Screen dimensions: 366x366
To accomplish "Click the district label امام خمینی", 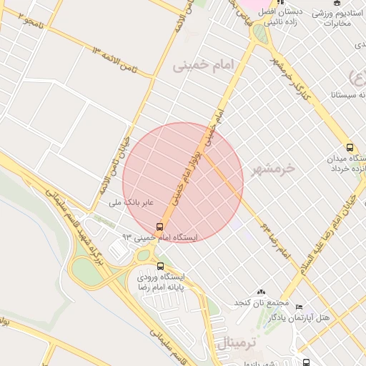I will (x=203, y=65).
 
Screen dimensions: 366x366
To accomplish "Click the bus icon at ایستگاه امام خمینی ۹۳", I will (x=159, y=227).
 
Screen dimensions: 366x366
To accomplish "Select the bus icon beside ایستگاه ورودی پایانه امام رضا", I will (x=159, y=266).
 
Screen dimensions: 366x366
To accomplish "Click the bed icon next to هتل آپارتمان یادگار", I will (x=299, y=307).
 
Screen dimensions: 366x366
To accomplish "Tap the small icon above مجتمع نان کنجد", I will (x=260, y=292).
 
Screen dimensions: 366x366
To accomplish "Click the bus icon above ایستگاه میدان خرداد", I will (x=350, y=147).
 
